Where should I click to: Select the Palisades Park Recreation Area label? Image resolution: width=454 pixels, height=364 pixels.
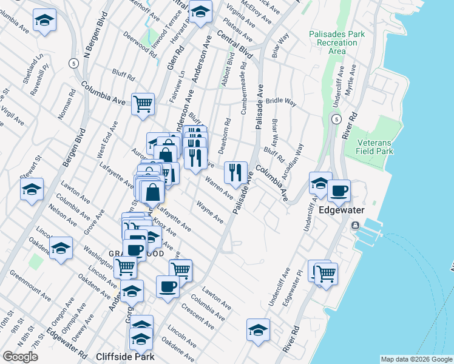336,42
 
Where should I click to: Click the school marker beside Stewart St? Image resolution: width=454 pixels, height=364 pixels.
32,189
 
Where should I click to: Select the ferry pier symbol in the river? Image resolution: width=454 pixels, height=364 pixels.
356,226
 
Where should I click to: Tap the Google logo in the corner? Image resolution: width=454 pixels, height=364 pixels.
20,357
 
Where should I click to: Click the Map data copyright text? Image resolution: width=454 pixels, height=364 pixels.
416,360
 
